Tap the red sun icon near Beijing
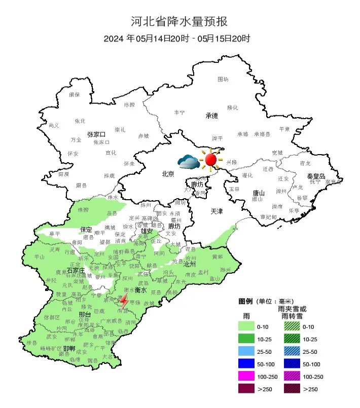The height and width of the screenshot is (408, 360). pos(211,160)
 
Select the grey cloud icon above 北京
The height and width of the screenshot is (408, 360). pos(189,162)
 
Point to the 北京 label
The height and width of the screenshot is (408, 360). pos(168,174)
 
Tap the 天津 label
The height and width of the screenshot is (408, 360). pos(217,210)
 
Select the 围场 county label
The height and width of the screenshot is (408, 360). pos(223,79)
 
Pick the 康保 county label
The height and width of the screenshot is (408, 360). pos(74,94)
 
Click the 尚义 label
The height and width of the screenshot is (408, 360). pos(54,125)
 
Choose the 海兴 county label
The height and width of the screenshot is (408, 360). pos(225,270)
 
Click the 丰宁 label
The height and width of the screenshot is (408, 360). pos(179,113)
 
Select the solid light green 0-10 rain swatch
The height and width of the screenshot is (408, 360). pos(250,326)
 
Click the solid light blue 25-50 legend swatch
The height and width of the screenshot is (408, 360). pos(250,351)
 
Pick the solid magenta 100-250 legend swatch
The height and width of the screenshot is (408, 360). pos(250,376)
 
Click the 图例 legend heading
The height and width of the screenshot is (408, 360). pos(245,301)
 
